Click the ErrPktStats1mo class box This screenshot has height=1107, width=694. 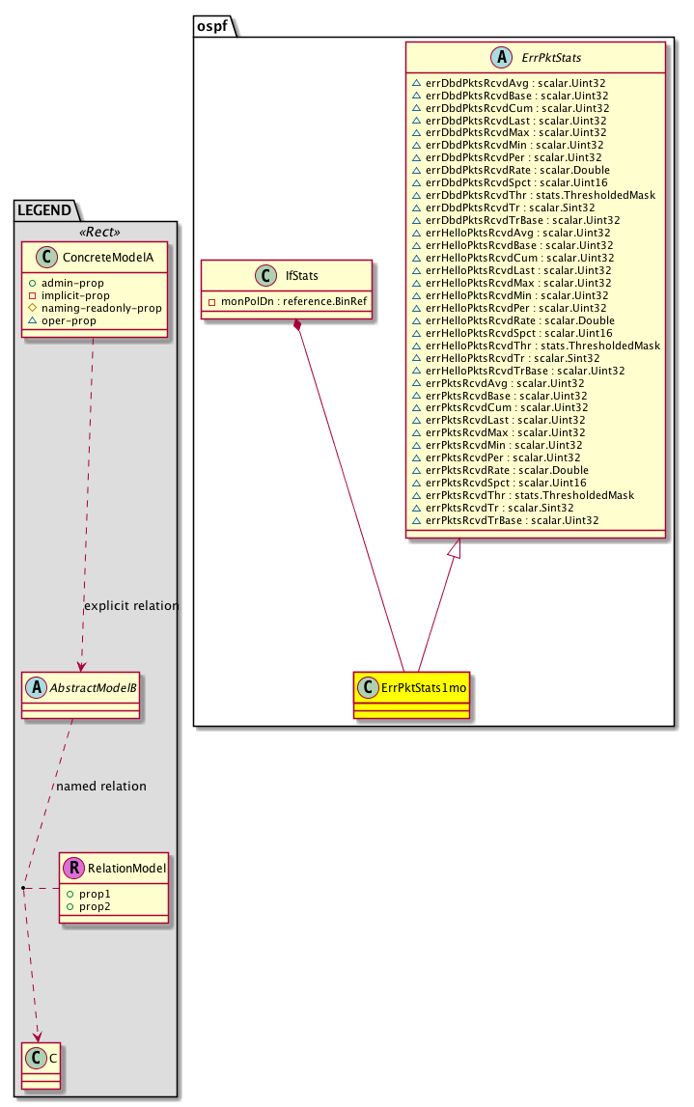[x=411, y=695]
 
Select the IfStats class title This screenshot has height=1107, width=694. [x=301, y=276]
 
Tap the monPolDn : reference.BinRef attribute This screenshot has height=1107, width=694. [x=293, y=301]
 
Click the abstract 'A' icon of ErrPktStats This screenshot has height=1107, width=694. [x=501, y=58]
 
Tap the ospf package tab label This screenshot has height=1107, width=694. [x=211, y=26]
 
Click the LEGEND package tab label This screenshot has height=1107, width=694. [x=44, y=210]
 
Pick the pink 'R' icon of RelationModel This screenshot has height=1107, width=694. [x=73, y=868]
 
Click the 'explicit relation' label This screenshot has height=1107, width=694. [x=131, y=606]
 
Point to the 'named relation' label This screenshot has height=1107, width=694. [x=101, y=787]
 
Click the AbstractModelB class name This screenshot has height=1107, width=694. [x=93, y=687]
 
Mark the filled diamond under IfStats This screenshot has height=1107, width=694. [x=298, y=324]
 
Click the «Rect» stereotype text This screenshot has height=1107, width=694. [x=99, y=233]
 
